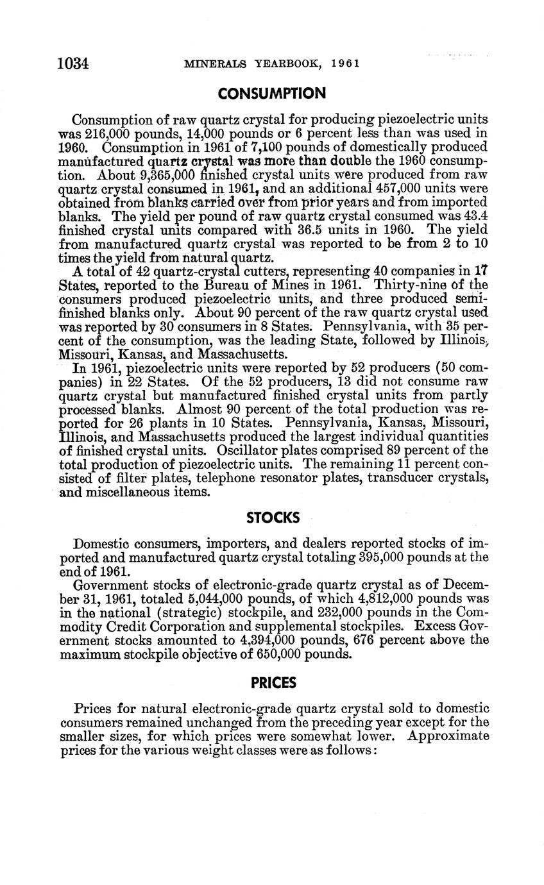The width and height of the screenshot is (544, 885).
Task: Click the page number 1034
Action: point(72,63)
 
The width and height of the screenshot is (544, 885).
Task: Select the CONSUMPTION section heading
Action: point(272,94)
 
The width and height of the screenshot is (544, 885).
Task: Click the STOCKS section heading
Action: point(273,517)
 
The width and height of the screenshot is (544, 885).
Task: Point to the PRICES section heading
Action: point(273,683)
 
